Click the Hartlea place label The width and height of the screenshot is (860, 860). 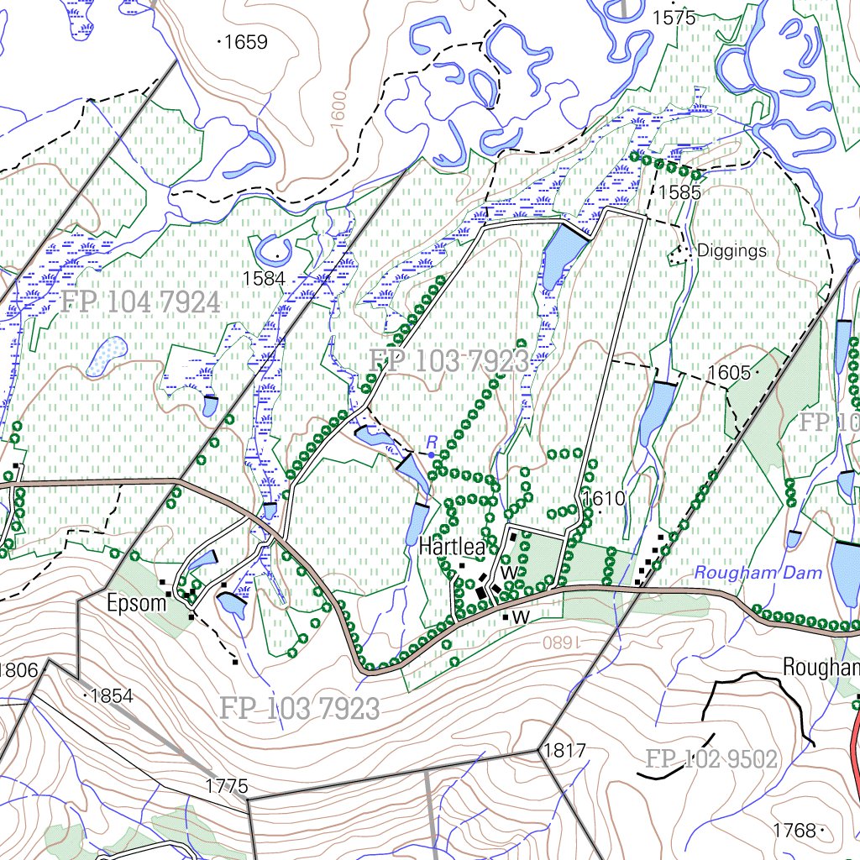[452, 548]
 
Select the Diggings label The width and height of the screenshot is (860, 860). [732, 250]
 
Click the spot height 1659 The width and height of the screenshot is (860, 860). [246, 41]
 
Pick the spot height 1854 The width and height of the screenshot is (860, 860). [111, 696]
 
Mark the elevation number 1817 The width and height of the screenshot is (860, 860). [564, 750]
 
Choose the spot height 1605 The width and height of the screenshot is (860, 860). [728, 372]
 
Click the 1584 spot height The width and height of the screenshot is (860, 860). [263, 278]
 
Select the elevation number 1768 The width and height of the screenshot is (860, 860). [794, 831]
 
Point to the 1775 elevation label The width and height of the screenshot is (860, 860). [227, 786]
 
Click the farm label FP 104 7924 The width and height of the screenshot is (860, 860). [139, 302]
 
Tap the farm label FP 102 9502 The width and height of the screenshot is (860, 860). [711, 759]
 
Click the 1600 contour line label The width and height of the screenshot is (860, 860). [338, 110]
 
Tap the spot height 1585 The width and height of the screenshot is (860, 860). [679, 191]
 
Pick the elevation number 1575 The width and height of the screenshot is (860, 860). [674, 17]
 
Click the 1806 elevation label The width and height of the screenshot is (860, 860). [20, 669]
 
